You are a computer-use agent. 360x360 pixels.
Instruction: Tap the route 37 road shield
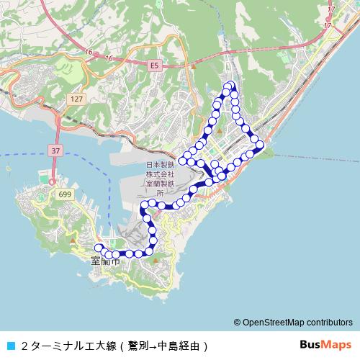[55, 150]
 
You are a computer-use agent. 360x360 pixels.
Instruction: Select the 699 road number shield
[66, 194]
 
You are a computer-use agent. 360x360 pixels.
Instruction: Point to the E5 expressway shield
[153, 65]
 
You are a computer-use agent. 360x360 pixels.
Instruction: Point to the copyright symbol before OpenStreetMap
[238, 323]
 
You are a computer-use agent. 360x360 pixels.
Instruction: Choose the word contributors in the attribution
[331, 323]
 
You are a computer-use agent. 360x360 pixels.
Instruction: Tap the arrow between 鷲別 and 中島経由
[153, 346]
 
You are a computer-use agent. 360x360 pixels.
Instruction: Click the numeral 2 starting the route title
[24, 346]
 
